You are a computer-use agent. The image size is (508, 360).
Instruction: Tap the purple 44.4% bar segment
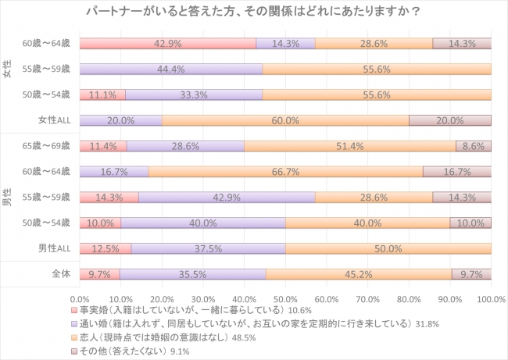coord(171,70)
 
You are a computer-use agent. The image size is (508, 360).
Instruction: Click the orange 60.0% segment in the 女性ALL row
coord(285,120)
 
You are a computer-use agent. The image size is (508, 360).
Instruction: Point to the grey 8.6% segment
coord(474,146)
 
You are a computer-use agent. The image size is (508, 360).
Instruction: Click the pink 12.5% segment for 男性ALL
coord(106,248)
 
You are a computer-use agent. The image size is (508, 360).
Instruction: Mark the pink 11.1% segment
coord(102,95)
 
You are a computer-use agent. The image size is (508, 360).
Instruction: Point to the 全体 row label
coord(60,274)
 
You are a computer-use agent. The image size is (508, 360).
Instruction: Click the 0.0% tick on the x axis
coord(80,299)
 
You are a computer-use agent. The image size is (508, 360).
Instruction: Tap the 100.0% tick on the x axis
coord(490,299)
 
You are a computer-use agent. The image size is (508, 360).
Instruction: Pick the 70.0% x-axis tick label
coord(367,299)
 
